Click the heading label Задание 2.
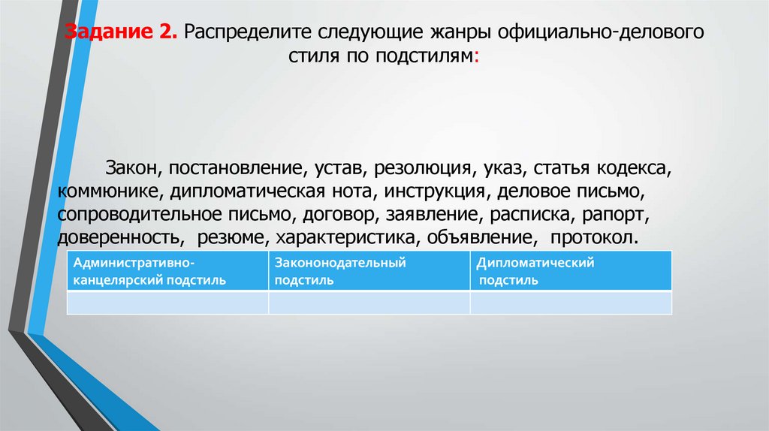click(119, 35)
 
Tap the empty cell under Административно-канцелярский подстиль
click(167, 303)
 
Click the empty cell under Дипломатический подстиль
click(571, 303)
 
